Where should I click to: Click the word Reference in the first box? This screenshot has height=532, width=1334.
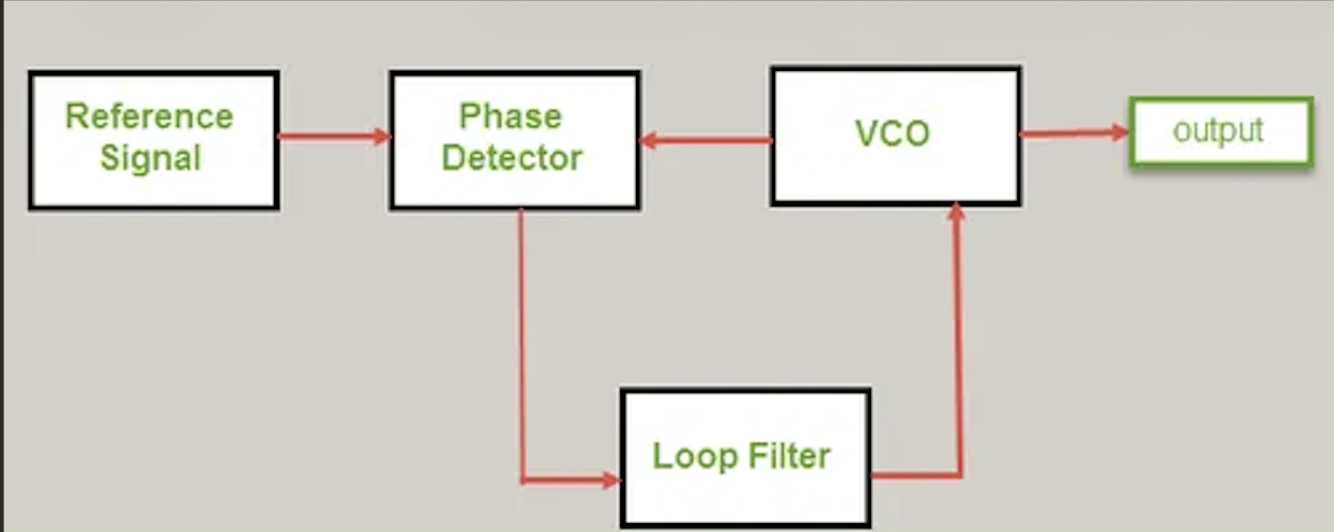pyautogui.click(x=149, y=117)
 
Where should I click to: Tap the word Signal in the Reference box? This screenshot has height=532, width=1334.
pyautogui.click(x=151, y=158)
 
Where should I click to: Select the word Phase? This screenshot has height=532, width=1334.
pyautogui.click(x=510, y=117)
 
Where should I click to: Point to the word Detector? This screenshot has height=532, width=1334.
pyautogui.click(x=512, y=158)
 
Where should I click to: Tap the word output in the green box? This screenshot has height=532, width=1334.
pyautogui.click(x=1218, y=131)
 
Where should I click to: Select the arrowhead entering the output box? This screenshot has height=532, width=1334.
pyautogui.click(x=1120, y=133)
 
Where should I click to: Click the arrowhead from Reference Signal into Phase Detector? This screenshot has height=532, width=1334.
pyautogui.click(x=381, y=137)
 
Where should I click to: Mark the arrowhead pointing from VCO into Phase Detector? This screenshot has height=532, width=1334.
pyautogui.click(x=647, y=140)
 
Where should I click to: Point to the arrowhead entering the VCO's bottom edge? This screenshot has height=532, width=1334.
pyautogui.click(x=956, y=213)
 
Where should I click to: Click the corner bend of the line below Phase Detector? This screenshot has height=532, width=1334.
pyautogui.click(x=522, y=481)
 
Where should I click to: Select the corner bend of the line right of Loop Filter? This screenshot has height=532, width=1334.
pyautogui.click(x=960, y=475)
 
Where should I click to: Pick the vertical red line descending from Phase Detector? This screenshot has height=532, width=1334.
pyautogui.click(x=521, y=346)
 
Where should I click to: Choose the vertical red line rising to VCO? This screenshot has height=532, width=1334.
pyautogui.click(x=958, y=346)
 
